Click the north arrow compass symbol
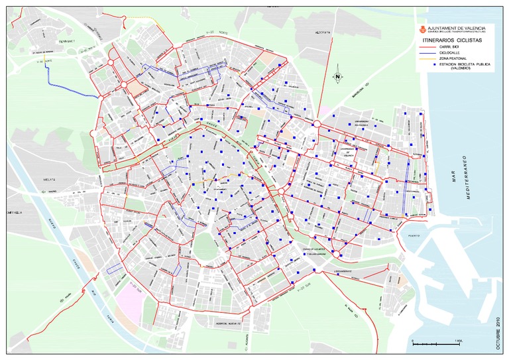[337, 76]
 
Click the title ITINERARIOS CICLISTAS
[451, 41]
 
